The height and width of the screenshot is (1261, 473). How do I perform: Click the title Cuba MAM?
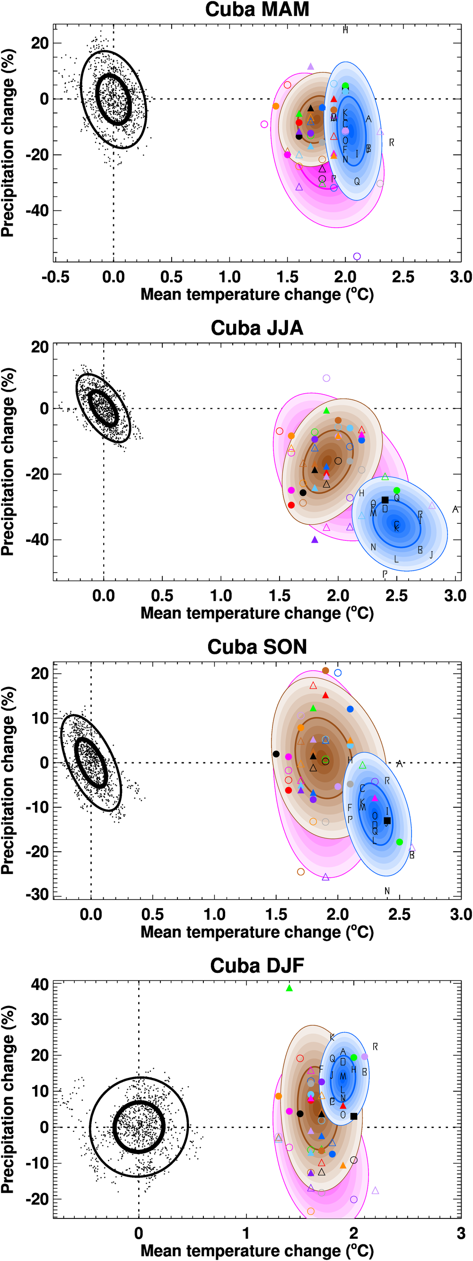[x=257, y=10]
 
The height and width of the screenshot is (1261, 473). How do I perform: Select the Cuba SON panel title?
[x=257, y=647]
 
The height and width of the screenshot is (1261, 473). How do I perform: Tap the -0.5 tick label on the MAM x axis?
[x=55, y=277]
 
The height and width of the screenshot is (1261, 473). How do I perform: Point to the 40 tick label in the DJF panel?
[x=40, y=984]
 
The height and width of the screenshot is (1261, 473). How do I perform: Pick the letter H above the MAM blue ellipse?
[x=345, y=30]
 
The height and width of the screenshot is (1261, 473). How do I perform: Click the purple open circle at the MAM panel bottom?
[x=357, y=256]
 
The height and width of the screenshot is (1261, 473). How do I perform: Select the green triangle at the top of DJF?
[x=289, y=988]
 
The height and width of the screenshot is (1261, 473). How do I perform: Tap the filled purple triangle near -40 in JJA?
[x=315, y=539]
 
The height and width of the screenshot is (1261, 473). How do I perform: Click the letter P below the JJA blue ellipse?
[x=385, y=573]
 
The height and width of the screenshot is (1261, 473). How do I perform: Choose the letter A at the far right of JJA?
[x=455, y=509]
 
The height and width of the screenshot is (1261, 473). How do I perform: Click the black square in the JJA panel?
[x=385, y=500]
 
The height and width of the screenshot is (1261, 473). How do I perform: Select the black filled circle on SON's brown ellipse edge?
[x=276, y=754]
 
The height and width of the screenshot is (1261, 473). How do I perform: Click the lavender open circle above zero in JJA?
[x=326, y=378]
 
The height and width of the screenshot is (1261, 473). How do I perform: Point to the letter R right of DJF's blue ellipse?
[x=375, y=1047]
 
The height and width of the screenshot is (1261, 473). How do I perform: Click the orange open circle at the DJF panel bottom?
[x=311, y=1211]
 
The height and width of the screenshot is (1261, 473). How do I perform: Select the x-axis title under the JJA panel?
[x=257, y=613]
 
